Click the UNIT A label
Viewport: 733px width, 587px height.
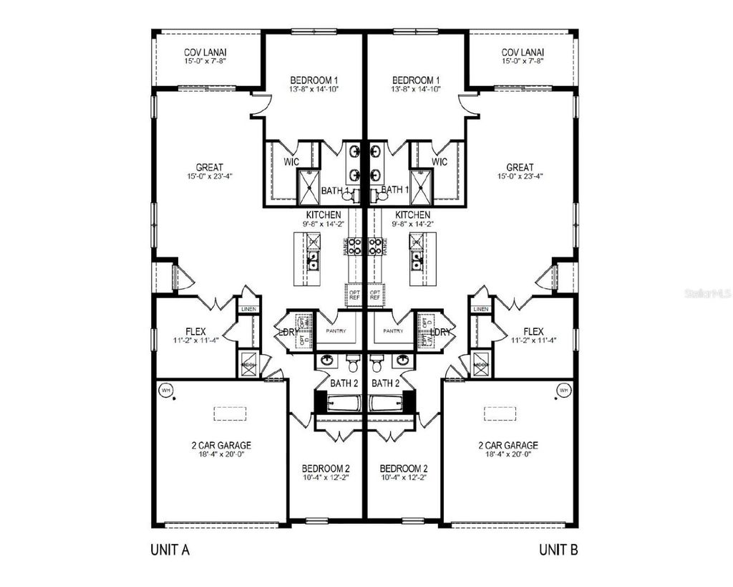point(170,550)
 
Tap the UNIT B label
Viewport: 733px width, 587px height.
point(558,550)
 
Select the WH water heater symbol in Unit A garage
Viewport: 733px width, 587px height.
point(166,391)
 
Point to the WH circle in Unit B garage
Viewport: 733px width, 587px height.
point(563,391)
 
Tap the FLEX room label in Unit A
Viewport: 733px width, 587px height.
point(195,332)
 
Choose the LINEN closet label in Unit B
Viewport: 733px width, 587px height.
point(481,309)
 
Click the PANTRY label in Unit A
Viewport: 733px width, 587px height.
point(336,331)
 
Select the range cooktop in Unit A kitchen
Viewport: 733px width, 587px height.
point(354,247)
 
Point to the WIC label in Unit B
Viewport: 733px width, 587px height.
point(440,162)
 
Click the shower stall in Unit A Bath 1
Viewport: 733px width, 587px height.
point(309,188)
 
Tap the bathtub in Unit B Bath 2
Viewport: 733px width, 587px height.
point(391,403)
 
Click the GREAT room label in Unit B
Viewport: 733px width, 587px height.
point(520,167)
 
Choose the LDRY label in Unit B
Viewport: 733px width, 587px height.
point(442,333)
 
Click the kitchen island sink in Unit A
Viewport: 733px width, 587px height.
point(313,262)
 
